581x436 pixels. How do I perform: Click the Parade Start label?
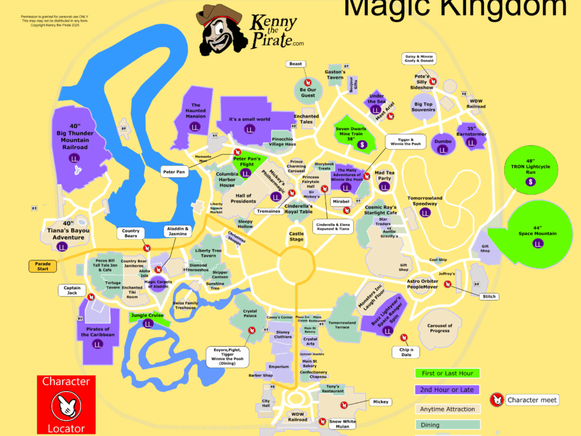(44, 266)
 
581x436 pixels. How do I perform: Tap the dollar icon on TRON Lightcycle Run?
(530, 181)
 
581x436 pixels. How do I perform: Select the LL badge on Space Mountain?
(537, 244)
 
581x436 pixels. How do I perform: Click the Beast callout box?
(296, 63)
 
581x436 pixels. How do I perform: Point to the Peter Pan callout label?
(175, 172)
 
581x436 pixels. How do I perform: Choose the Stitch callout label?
(489, 297)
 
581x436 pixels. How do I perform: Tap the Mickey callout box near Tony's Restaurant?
(380, 401)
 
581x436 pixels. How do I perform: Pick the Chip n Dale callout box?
(406, 351)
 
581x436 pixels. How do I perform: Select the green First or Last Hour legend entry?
(447, 373)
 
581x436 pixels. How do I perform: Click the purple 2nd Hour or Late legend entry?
(447, 390)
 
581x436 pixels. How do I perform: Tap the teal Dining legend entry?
(447, 425)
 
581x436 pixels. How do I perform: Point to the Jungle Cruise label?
(147, 316)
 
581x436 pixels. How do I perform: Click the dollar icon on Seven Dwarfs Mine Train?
(361, 145)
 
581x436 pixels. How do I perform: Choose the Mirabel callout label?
(341, 201)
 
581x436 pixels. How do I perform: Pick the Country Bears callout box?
(131, 234)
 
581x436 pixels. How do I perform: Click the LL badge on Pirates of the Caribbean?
(98, 344)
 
